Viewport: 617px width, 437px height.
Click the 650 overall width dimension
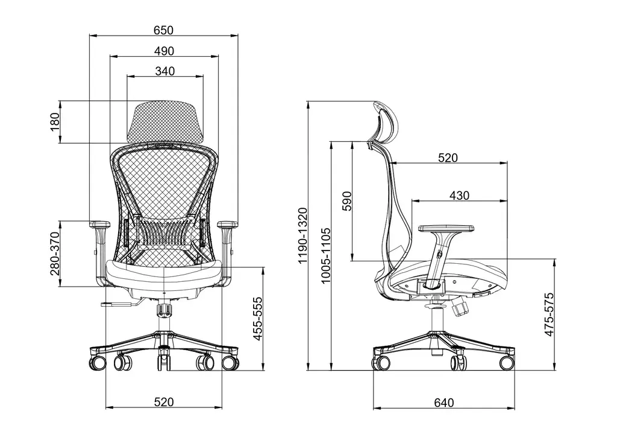(163, 30)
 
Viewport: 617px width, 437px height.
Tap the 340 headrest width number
(164, 71)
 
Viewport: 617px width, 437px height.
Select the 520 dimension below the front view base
(164, 401)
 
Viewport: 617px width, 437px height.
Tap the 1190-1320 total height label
(302, 235)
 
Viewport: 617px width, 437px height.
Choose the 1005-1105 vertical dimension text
(326, 255)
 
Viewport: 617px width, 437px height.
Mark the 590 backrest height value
(346, 201)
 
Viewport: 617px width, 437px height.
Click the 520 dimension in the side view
(448, 158)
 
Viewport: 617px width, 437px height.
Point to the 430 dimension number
(459, 196)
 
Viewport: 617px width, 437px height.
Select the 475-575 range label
(547, 318)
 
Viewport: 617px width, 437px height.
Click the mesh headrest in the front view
(165, 120)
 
